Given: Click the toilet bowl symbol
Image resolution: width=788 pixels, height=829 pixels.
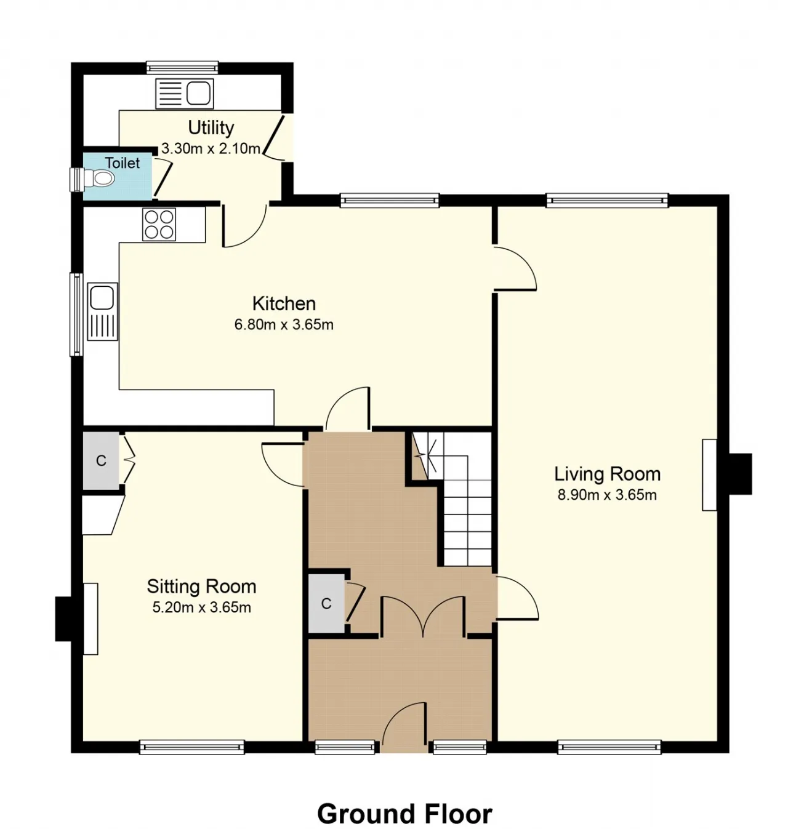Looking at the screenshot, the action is (x=100, y=179).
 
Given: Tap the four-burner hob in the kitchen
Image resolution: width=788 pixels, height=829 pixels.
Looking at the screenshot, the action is (x=159, y=225).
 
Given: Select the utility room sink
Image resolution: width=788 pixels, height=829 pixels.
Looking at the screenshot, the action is (x=184, y=94).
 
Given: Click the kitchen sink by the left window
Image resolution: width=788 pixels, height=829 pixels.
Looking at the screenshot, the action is (x=103, y=311).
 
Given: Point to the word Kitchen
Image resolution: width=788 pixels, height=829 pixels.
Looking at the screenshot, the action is (x=284, y=303).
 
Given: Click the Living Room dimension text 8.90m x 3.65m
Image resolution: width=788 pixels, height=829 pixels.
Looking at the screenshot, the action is (x=607, y=495).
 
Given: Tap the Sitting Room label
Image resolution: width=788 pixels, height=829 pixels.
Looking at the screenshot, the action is (x=202, y=587).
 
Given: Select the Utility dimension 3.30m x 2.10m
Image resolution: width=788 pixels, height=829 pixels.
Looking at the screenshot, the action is (x=211, y=149).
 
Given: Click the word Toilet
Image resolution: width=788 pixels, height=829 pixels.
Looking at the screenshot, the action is (x=123, y=162).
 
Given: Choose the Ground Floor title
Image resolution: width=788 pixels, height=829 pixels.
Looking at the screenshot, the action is (x=404, y=814).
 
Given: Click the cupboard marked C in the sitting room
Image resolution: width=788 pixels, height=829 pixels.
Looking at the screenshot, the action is (x=101, y=461).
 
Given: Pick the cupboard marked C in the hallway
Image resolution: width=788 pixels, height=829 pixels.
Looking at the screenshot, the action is (x=326, y=604).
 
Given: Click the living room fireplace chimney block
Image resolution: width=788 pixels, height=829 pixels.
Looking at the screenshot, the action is (x=741, y=473).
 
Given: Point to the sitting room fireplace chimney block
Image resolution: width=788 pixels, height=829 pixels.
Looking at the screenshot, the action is (x=63, y=619).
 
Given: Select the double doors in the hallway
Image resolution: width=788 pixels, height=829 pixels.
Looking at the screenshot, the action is (x=423, y=615).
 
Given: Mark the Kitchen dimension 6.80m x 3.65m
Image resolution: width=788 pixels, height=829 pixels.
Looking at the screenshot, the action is (x=284, y=325).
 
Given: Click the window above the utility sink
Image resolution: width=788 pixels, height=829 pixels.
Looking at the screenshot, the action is (x=182, y=68).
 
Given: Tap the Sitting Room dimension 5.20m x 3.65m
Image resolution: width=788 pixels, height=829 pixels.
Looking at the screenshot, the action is (x=202, y=607).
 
